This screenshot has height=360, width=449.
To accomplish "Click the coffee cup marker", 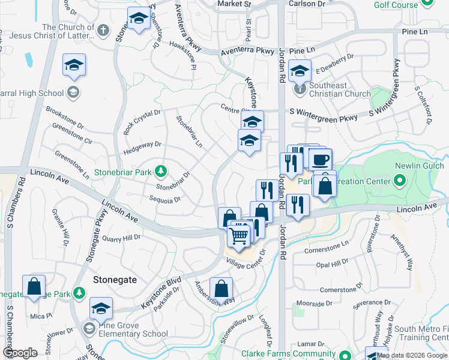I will tap(320, 159).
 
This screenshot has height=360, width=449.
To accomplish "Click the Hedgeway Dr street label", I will tap(142, 145).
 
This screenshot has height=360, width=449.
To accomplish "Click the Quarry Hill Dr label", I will tap(121, 237).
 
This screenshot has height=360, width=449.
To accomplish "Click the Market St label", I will tap(234, 4).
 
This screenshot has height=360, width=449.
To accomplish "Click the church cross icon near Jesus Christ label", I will tap(103, 30).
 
